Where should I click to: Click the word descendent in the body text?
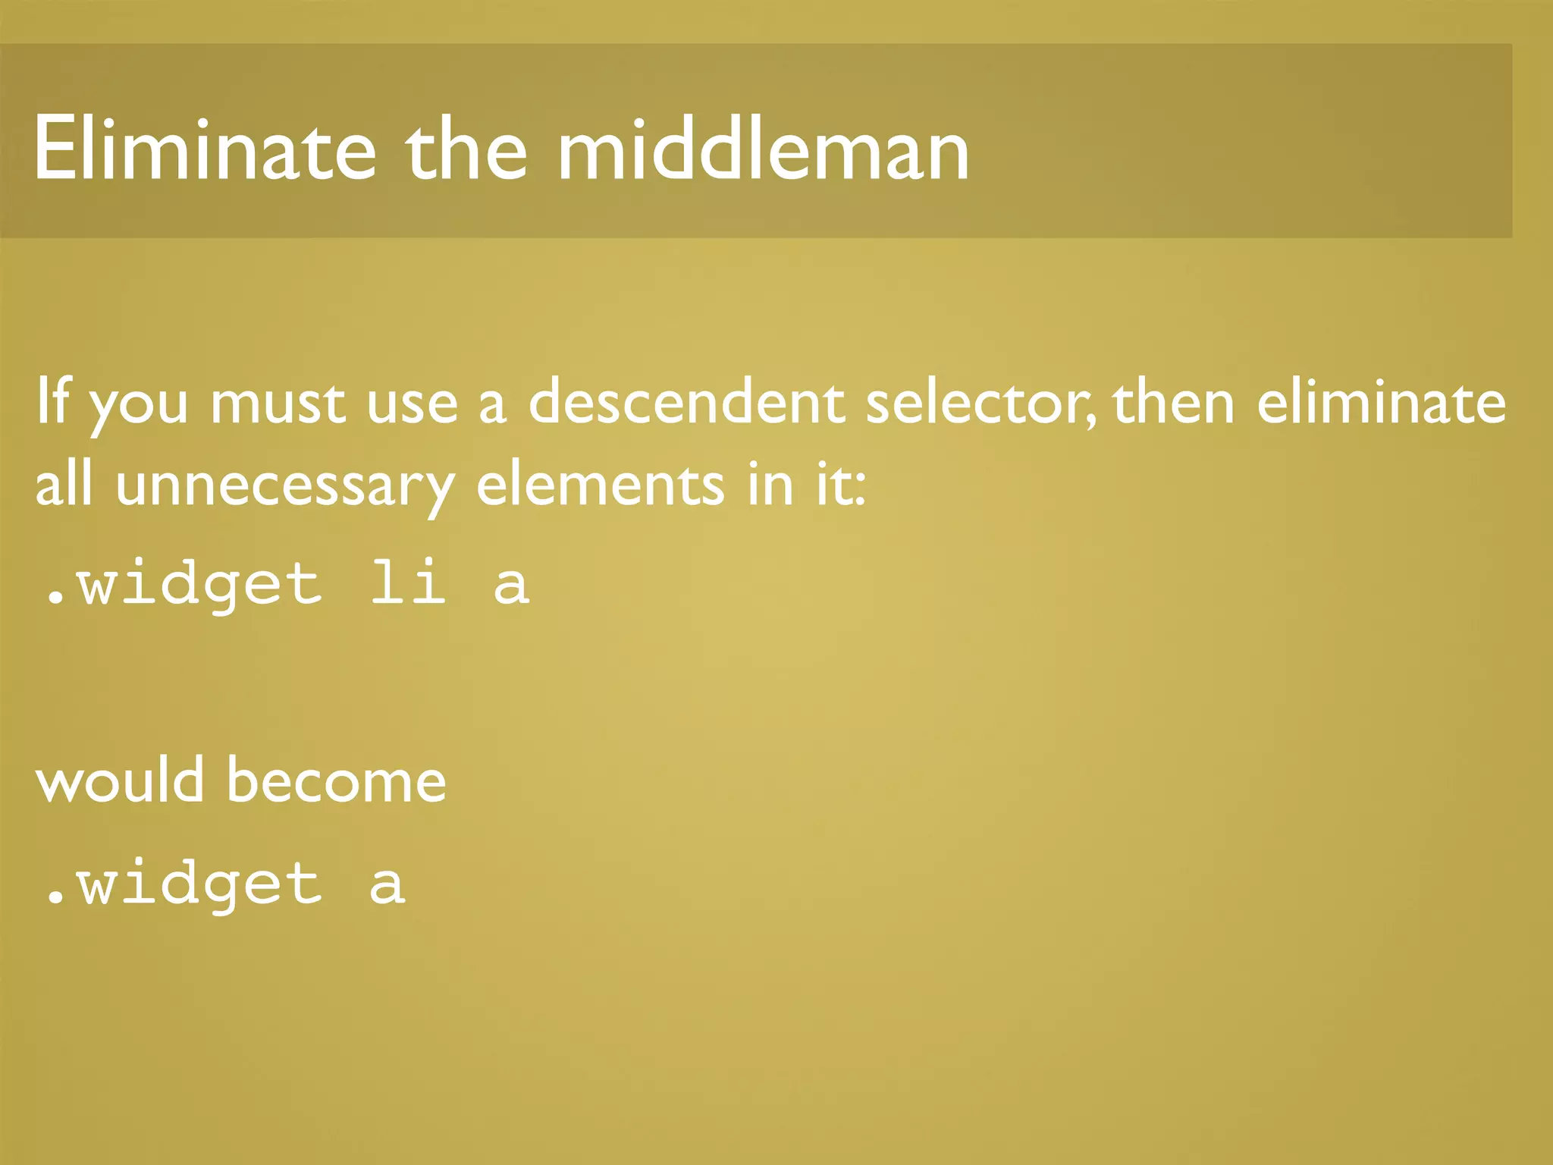[686, 402]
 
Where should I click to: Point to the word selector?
[980, 402]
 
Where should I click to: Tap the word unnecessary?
[285, 485]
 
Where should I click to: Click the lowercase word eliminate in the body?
[1382, 402]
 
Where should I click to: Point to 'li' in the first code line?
[408, 584]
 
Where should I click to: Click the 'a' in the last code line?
[387, 884]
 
